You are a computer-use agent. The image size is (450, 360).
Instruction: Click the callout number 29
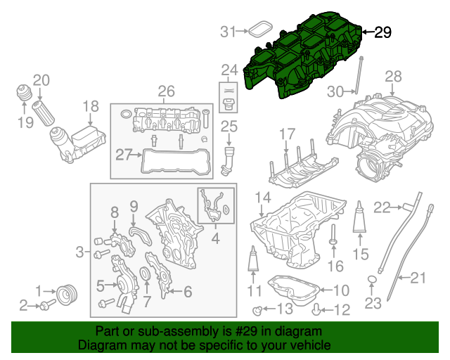[x=382, y=32]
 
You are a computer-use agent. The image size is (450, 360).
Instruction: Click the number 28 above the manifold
[x=393, y=77]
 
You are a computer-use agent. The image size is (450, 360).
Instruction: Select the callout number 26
[x=166, y=91]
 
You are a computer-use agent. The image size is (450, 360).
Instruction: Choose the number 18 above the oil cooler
[x=91, y=107]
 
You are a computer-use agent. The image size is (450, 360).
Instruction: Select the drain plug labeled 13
[x=257, y=309]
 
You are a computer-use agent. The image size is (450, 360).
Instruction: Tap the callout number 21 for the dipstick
[x=418, y=278]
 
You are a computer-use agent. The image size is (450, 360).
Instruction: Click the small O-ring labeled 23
[x=372, y=283]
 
